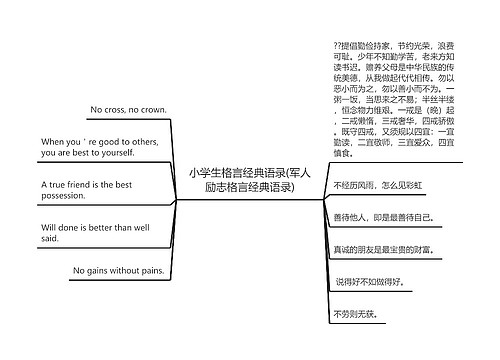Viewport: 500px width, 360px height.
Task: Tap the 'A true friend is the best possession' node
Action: (87, 190)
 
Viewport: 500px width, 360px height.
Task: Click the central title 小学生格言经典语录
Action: (249, 180)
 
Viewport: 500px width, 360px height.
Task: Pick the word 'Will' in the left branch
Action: (50, 227)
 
